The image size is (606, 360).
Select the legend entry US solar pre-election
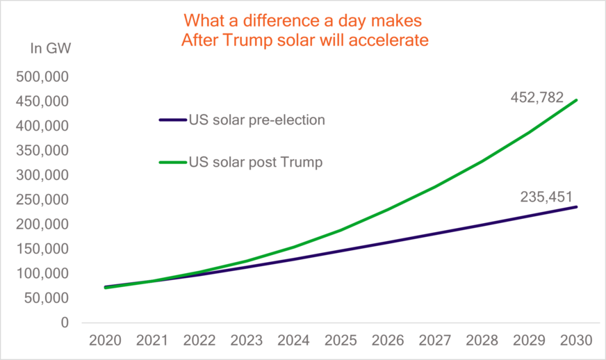(256, 120)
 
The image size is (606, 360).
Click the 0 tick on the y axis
(65, 322)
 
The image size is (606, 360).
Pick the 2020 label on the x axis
(105, 341)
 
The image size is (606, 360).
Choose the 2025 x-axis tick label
(341, 341)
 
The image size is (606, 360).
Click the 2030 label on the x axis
(577, 341)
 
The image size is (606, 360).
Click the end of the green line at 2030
(577, 100)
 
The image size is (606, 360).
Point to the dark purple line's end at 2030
(577, 206)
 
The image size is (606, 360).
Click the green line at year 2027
(436, 186)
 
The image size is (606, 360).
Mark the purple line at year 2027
(436, 234)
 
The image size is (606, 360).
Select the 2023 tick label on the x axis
(247, 341)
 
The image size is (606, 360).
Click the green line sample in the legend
(173, 162)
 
